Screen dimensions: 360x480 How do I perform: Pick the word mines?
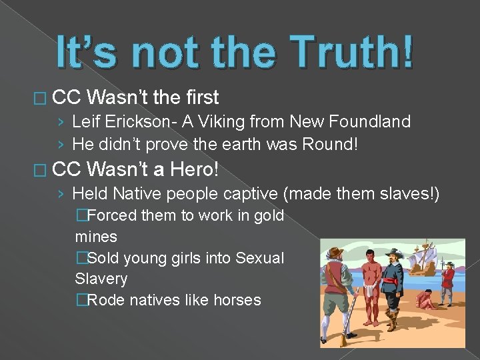(96, 237)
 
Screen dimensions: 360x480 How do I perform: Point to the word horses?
(237, 300)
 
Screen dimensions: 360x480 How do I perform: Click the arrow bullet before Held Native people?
(61, 194)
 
